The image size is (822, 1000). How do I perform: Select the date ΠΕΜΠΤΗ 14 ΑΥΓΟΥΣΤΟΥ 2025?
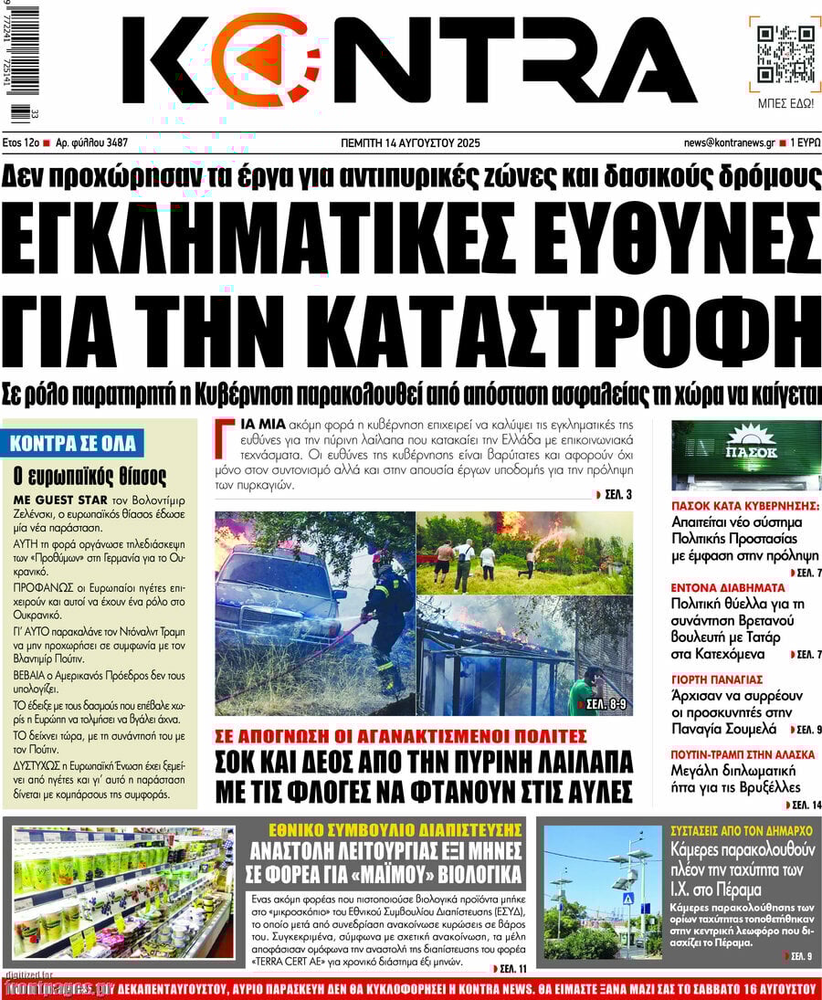410,143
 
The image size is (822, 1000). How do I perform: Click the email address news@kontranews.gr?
729,143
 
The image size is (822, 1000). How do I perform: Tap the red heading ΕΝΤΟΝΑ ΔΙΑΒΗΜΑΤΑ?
728,587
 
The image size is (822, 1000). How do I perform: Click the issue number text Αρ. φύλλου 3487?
91,143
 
